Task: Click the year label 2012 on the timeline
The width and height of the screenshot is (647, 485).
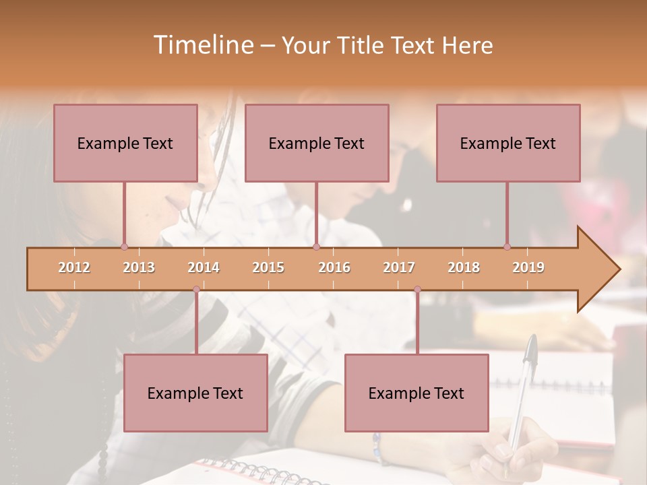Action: click(74, 267)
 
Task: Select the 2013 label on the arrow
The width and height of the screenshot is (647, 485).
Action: click(139, 267)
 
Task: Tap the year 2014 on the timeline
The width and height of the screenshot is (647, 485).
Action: click(204, 267)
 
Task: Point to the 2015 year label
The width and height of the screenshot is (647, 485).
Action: click(268, 267)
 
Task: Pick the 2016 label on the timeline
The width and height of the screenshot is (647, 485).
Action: click(334, 267)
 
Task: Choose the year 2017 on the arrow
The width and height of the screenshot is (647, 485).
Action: click(399, 267)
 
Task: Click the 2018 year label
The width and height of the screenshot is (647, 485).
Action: click(464, 267)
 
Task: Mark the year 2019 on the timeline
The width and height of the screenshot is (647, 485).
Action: click(528, 267)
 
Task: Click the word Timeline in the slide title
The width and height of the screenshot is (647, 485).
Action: click(202, 45)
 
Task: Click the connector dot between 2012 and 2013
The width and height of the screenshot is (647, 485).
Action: click(124, 247)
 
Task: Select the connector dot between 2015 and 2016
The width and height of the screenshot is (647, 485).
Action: click(316, 247)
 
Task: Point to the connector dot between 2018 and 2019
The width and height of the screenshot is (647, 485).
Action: click(507, 247)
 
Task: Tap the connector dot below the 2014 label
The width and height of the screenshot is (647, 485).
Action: click(196, 290)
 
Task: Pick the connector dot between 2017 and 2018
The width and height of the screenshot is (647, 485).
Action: click(417, 290)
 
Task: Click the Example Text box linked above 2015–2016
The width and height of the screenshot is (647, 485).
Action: click(317, 143)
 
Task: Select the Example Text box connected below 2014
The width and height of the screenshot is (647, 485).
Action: click(195, 393)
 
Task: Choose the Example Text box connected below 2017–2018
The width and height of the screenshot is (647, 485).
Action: click(417, 393)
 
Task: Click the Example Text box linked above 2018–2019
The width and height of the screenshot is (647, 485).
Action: click(508, 143)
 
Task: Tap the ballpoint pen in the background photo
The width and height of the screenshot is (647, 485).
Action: click(522, 391)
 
